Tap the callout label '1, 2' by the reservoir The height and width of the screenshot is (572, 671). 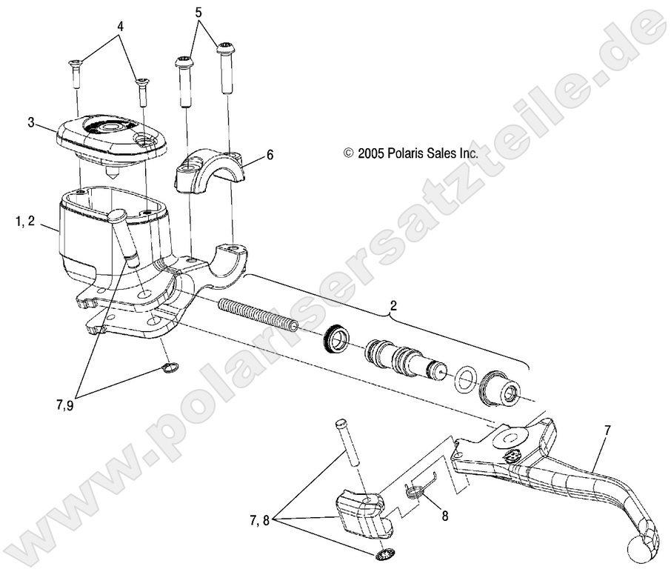click(x=25, y=222)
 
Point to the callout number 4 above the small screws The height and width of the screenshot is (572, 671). click(x=120, y=27)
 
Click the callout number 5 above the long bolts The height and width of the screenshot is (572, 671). click(x=198, y=13)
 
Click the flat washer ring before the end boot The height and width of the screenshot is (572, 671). click(x=464, y=377)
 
